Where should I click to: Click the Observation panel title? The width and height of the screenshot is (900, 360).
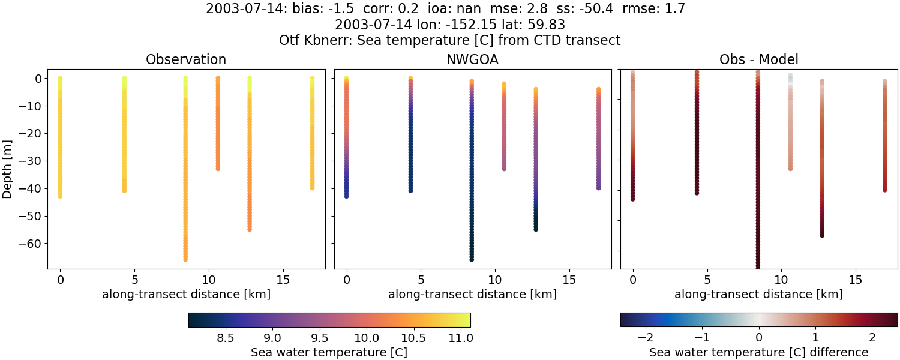click(x=186, y=60)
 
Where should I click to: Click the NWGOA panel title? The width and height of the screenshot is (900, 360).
click(x=472, y=60)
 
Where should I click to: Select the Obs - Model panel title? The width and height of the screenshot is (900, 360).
click(x=758, y=60)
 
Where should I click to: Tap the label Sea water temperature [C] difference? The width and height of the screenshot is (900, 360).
click(x=758, y=353)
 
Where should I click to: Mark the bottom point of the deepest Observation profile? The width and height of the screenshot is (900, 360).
click(x=185, y=259)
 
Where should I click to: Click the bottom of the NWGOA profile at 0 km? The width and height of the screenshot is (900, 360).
click(x=346, y=196)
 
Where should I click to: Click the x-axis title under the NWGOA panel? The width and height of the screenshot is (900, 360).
click(x=472, y=295)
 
